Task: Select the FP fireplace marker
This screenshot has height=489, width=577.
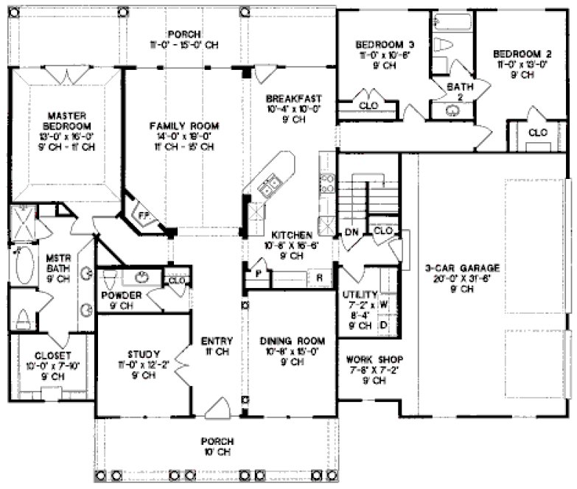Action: [x=145, y=214]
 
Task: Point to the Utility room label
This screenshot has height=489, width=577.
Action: [x=360, y=294]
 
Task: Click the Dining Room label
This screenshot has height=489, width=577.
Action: [x=293, y=341]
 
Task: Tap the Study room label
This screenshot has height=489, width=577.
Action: [x=144, y=354]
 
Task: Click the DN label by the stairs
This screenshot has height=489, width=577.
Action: [x=352, y=233]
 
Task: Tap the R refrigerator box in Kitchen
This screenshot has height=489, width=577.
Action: [x=318, y=278]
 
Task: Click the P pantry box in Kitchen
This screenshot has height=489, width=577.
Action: [x=259, y=272]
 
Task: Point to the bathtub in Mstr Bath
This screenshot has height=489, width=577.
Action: [x=22, y=270]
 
